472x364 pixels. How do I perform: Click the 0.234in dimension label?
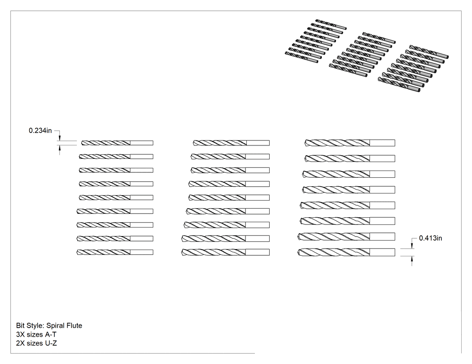tap(40, 131)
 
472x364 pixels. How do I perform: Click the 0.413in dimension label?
tap(431, 238)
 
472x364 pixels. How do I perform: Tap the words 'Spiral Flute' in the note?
tap(64, 325)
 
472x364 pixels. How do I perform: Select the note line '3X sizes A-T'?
tap(36, 334)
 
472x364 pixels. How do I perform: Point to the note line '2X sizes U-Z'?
tap(36, 343)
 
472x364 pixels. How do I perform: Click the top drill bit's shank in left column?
tap(142, 143)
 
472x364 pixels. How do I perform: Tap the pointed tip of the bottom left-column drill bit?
tap(77, 252)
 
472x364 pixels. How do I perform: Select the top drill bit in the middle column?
tap(231, 143)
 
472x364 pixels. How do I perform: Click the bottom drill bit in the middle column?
tap(226, 252)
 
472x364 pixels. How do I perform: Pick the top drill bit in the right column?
tap(350, 143)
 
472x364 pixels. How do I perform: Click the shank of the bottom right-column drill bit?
tap(382, 252)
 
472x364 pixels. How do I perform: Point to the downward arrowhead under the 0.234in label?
tap(60, 138)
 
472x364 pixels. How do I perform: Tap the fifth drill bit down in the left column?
tap(116, 197)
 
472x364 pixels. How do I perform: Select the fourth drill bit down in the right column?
tap(348, 190)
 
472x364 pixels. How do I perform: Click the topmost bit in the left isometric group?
tap(331, 24)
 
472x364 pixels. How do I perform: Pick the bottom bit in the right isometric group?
tap(399, 84)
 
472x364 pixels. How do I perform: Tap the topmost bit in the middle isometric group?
tap(378, 38)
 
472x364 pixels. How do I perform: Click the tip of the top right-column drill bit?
tap(305, 143)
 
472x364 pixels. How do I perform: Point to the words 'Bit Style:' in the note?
tap(30, 325)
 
